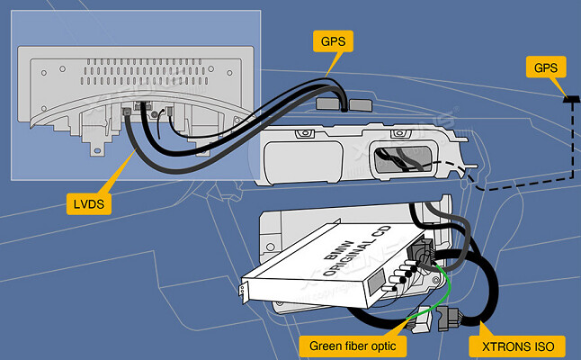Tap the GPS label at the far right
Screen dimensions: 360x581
pos(545,67)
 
